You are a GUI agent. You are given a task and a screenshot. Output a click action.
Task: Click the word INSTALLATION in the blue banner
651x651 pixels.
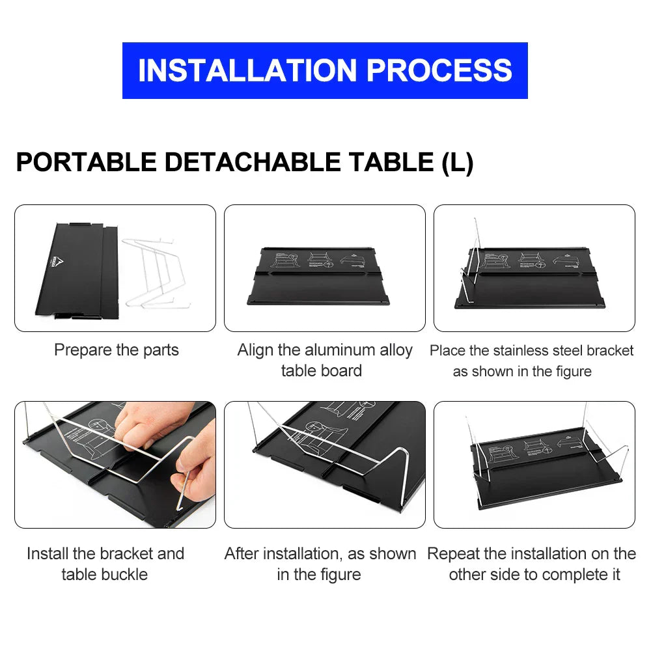pyautogui.click(x=248, y=70)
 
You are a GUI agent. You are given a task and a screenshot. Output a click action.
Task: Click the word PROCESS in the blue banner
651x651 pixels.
pyautogui.click(x=439, y=70)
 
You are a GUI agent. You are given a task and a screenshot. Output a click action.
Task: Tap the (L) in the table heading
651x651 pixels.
pyautogui.click(x=457, y=162)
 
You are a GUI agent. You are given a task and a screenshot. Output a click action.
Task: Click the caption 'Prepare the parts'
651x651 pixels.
pyautogui.click(x=116, y=350)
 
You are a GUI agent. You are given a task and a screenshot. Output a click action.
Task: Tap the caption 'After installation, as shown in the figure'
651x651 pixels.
pyautogui.click(x=320, y=564)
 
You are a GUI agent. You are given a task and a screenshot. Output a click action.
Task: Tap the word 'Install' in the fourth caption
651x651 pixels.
pyautogui.click(x=48, y=553)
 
